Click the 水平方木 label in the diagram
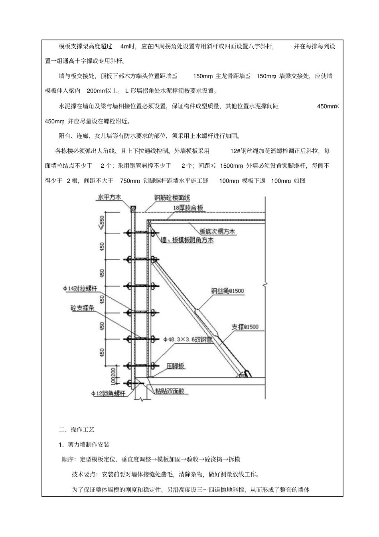tap(109, 197)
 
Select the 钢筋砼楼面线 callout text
tap(172, 198)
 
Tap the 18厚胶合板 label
tap(188, 208)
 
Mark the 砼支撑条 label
tap(83, 308)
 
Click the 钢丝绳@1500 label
tap(227, 291)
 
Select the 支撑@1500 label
tap(245, 327)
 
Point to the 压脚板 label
tap(176, 366)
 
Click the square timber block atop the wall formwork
tap(133, 208)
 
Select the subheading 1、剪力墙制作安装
tap(84, 444)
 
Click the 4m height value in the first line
tap(124, 46)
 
